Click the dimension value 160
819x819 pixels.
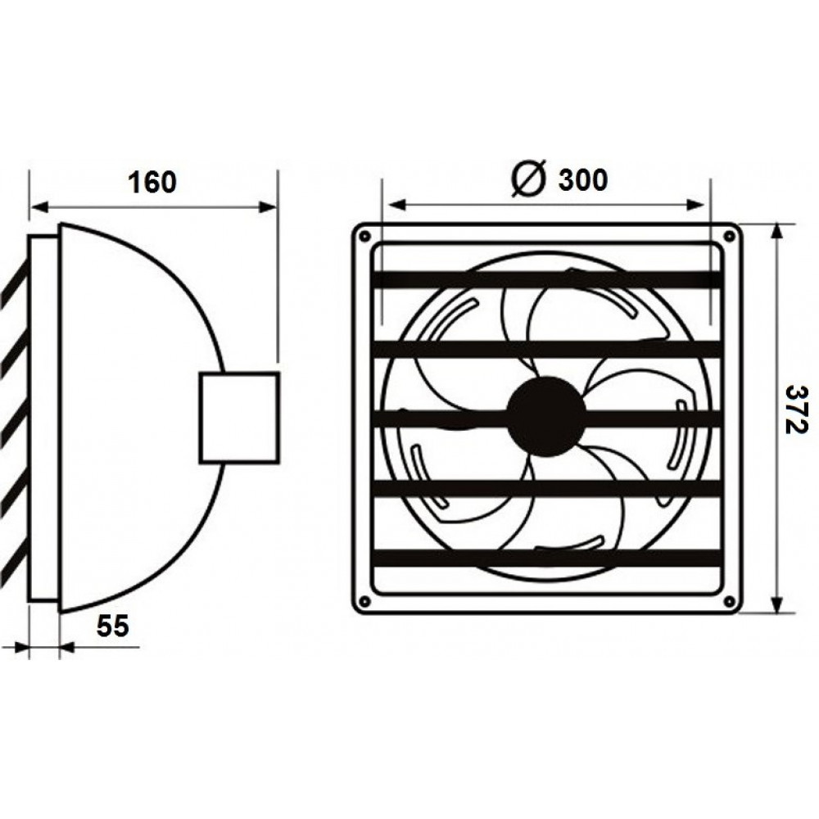[152, 183]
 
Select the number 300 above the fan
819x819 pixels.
[583, 179]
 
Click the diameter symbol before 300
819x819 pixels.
[528, 178]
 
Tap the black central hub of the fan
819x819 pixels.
[546, 416]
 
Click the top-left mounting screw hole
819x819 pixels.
[365, 236]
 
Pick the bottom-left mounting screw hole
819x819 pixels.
[365, 602]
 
